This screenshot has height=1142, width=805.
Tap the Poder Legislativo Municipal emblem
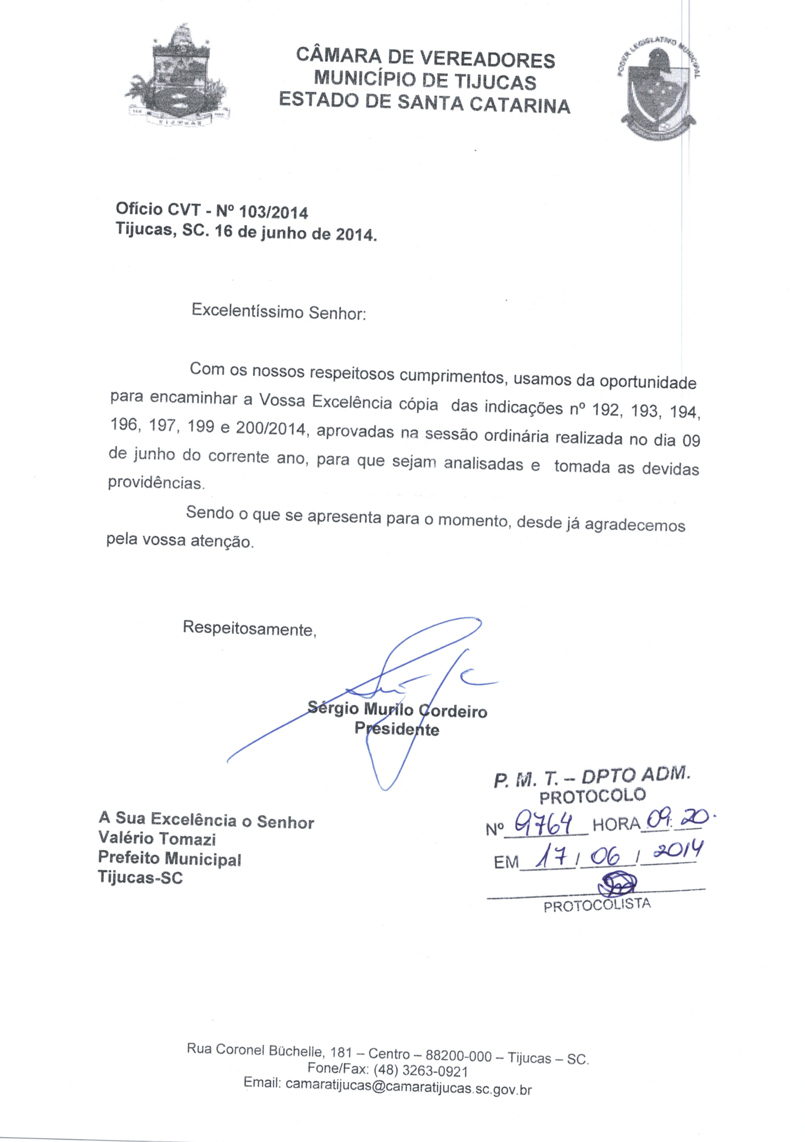(x=658, y=90)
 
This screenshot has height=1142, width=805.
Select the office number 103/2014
(x=274, y=212)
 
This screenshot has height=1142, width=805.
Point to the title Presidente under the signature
(x=397, y=730)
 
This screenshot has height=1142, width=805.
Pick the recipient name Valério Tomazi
(x=157, y=839)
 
